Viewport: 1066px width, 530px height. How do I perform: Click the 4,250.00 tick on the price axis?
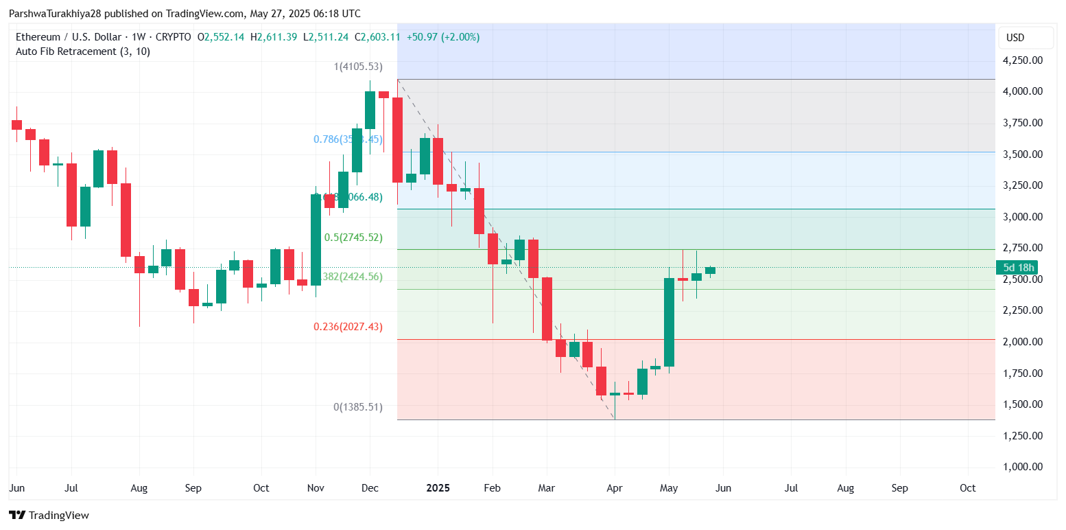1023,60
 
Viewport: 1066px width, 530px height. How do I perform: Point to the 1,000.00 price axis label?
1023,467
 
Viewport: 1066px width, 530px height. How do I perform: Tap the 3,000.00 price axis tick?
1023,217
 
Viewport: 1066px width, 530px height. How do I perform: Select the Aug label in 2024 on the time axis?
139,488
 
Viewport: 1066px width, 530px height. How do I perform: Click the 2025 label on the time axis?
438,488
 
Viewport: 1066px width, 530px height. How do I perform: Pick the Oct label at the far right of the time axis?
967,488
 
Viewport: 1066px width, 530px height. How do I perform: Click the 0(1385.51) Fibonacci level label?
357,407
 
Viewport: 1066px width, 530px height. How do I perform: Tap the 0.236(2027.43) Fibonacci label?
348,327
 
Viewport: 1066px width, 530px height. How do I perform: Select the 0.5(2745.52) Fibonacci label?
353,238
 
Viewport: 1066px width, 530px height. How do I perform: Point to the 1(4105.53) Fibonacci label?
358,67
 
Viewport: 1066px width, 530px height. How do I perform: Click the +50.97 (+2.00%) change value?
443,37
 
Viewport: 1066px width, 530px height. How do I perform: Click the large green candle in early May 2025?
669,322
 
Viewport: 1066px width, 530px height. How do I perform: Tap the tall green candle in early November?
316,240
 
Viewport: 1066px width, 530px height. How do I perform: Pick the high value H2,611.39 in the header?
274,37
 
